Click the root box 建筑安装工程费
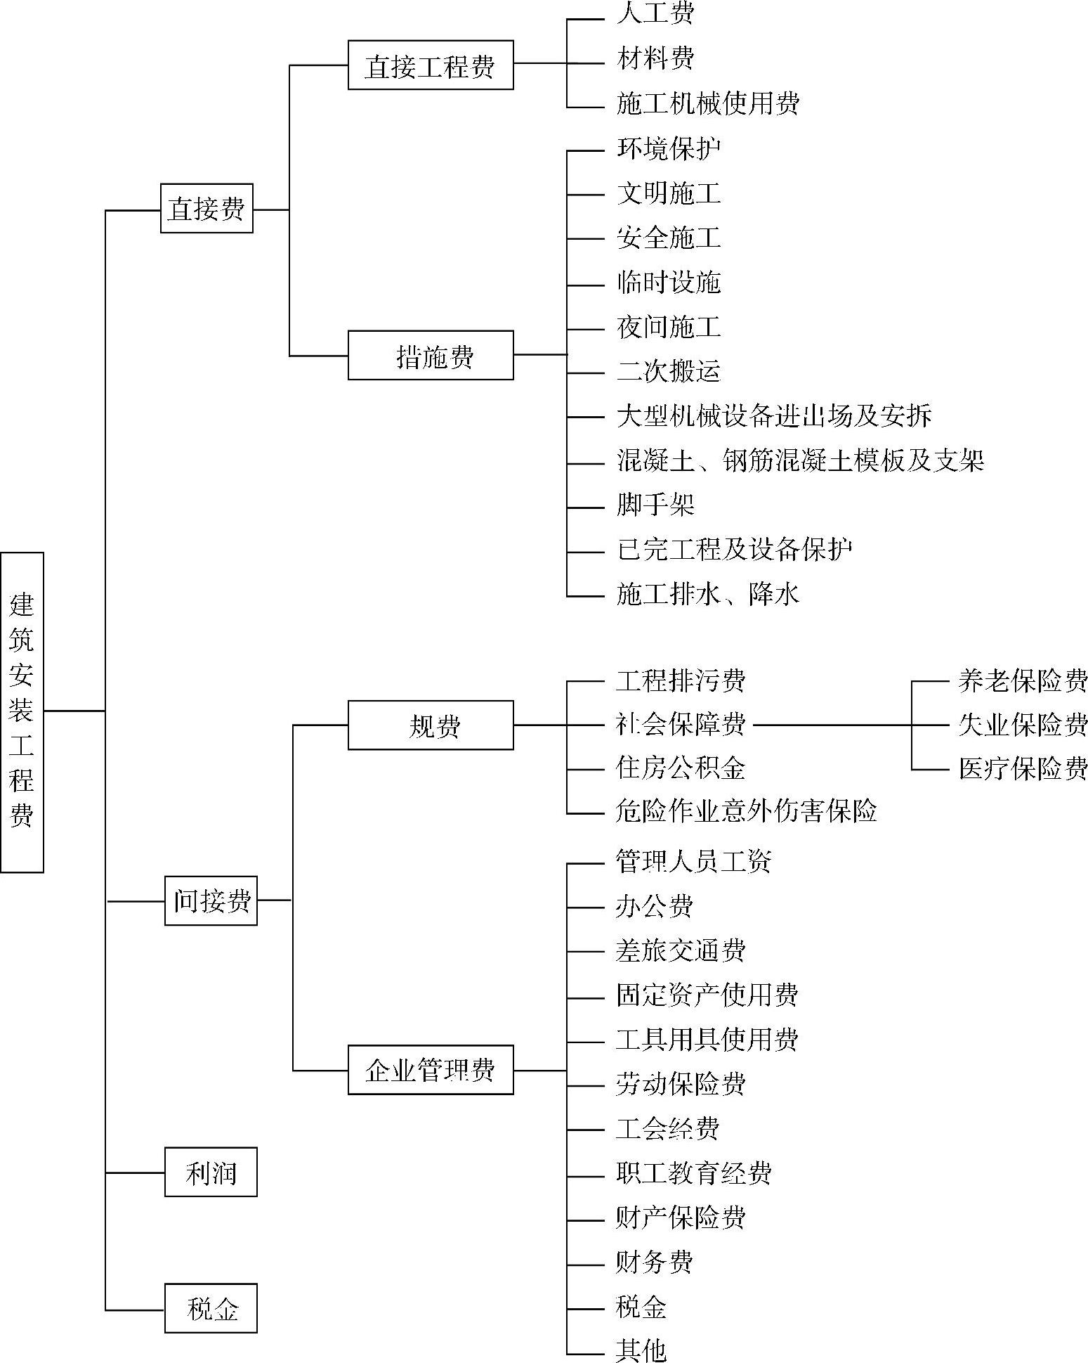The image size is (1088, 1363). point(22,711)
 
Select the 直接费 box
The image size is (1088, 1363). point(207,209)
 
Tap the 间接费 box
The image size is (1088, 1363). point(211,900)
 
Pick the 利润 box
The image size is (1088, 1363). point(211,1173)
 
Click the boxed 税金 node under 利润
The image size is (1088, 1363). point(211,1309)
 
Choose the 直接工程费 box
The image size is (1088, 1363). point(431,65)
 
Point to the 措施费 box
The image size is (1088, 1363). point(431,356)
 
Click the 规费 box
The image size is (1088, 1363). point(431,725)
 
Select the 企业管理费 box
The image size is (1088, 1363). point(431,1070)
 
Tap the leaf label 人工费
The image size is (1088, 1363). point(655,14)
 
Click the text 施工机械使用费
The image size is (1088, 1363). point(708,104)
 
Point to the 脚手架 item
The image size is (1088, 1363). point(655,505)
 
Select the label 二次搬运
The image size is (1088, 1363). point(669,371)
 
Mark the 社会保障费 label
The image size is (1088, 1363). point(681,725)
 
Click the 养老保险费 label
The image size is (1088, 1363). point(1023,680)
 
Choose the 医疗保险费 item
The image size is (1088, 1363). point(1023,769)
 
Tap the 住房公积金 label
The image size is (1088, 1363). point(681,768)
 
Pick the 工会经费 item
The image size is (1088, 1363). point(668,1129)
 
